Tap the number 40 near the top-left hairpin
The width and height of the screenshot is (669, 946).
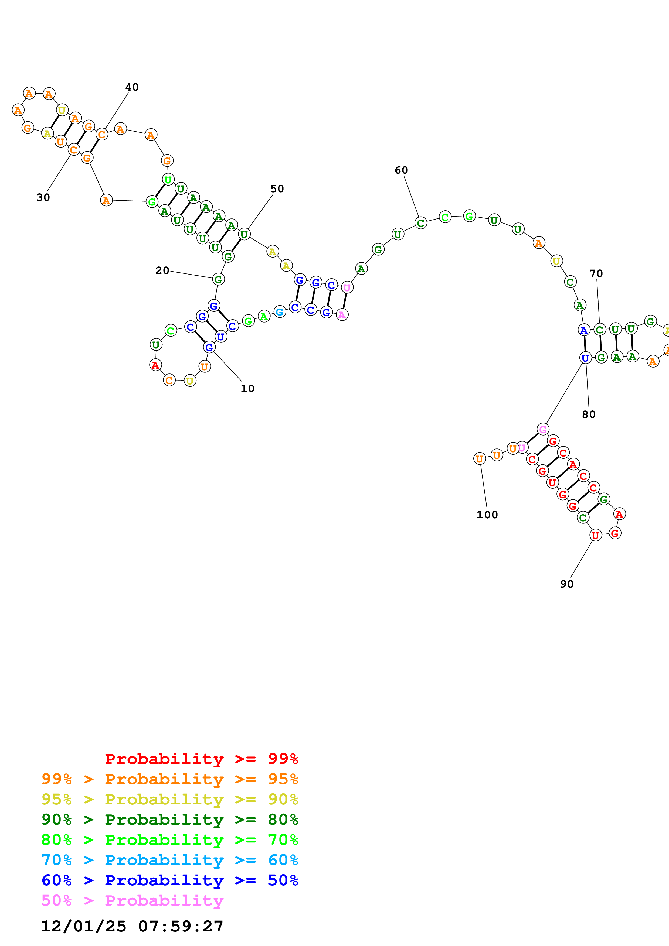click(x=132, y=87)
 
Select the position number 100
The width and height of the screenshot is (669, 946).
click(x=487, y=515)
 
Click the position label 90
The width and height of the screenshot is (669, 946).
click(x=566, y=584)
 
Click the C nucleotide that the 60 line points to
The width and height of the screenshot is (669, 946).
click(x=420, y=223)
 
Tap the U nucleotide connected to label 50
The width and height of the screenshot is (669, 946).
click(x=244, y=234)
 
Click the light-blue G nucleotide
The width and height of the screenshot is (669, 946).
click(x=280, y=312)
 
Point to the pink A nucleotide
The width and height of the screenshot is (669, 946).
click(x=342, y=315)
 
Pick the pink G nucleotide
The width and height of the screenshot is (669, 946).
click(x=543, y=429)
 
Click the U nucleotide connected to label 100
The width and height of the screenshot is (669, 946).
click(x=479, y=459)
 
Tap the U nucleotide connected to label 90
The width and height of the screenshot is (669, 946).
click(x=595, y=535)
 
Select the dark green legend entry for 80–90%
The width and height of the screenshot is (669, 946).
click(x=169, y=820)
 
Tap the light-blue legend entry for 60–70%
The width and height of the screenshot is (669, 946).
click(x=169, y=860)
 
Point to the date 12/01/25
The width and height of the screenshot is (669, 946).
click(x=84, y=926)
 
